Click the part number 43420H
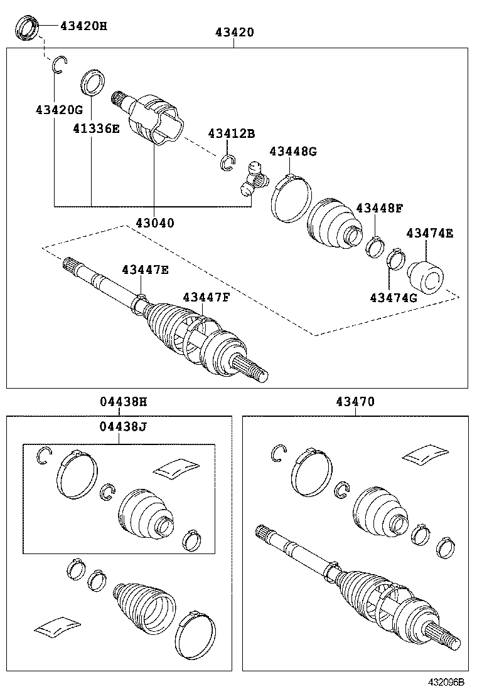83,26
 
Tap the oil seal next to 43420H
28,28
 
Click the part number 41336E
96,128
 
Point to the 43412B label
232,134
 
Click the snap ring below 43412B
228,163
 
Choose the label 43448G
292,152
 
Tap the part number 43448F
379,208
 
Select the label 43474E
429,233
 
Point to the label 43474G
394,298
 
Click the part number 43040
155,223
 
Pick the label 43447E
145,270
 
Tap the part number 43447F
206,297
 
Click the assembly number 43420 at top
235,33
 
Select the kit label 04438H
123,402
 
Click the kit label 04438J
123,427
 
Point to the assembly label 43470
355,402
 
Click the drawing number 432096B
446,682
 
